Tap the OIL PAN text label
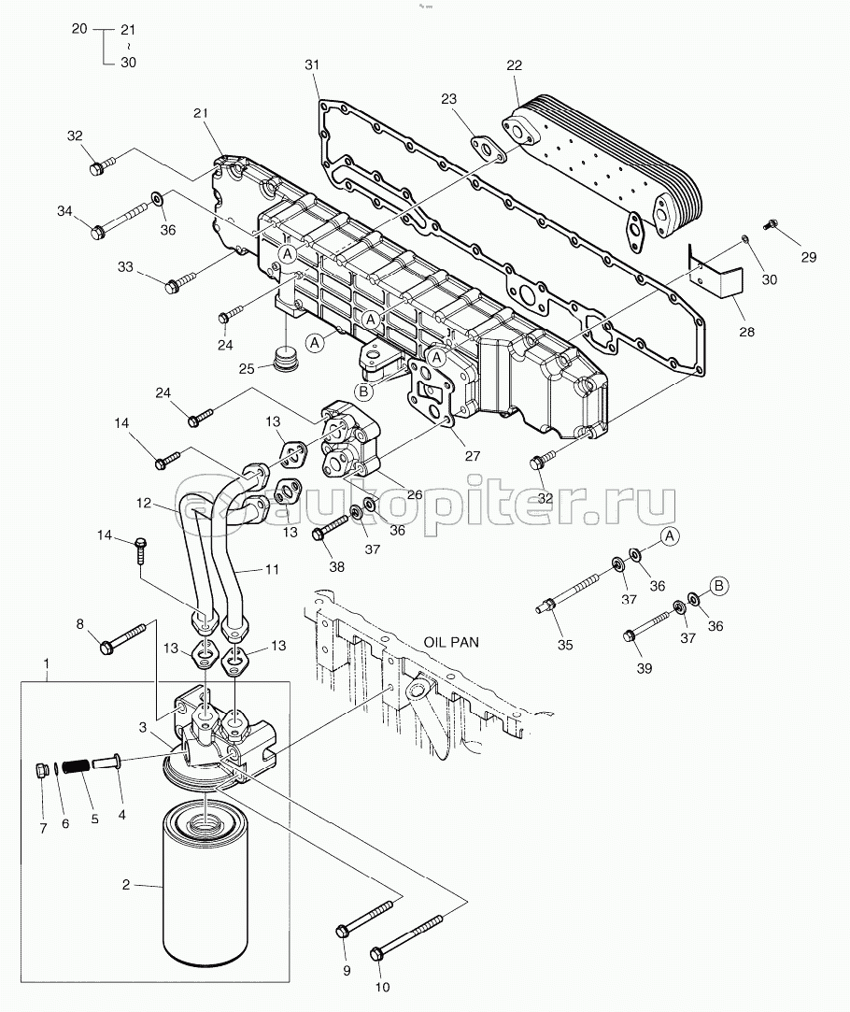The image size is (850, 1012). [x=451, y=642]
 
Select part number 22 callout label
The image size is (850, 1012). [x=514, y=65]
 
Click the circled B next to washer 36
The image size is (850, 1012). [x=719, y=586]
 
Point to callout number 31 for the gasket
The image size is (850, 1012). [x=312, y=64]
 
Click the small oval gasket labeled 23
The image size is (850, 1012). [x=489, y=150]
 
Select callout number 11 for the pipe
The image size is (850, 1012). [x=272, y=569]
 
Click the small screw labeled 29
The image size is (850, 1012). [x=768, y=225]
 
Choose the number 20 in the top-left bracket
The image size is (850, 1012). [x=79, y=28]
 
